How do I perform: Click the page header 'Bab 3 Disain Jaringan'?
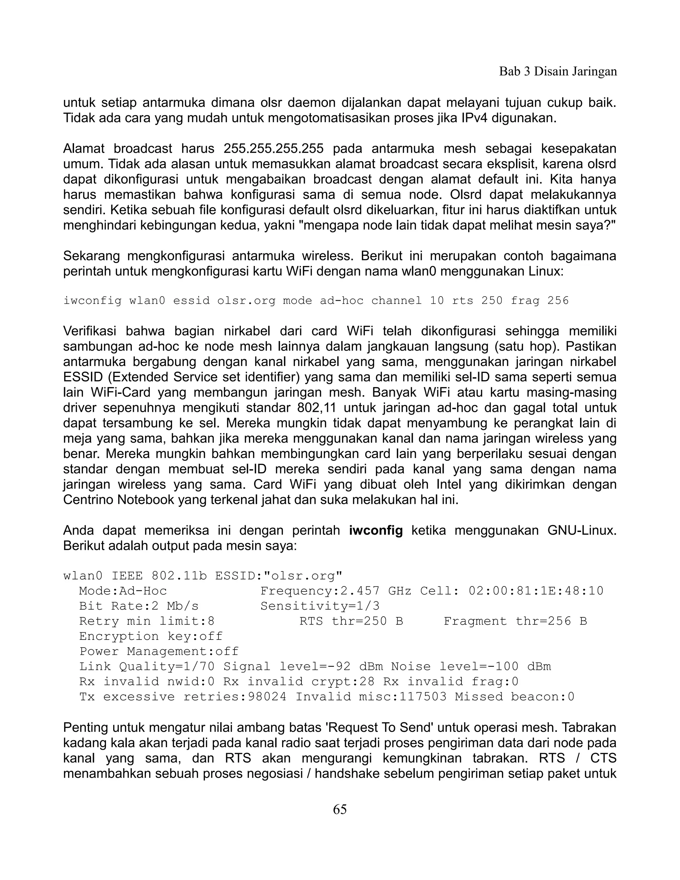557,72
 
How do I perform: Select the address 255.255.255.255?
274,149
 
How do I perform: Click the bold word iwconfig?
376,531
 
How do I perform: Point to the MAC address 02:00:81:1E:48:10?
536,591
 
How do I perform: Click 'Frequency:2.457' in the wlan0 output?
320,591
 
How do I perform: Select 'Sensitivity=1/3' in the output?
320,606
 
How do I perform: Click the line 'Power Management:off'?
159,652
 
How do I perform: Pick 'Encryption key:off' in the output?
151,636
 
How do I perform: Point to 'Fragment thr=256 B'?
515,621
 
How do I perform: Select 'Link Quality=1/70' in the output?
147,666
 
